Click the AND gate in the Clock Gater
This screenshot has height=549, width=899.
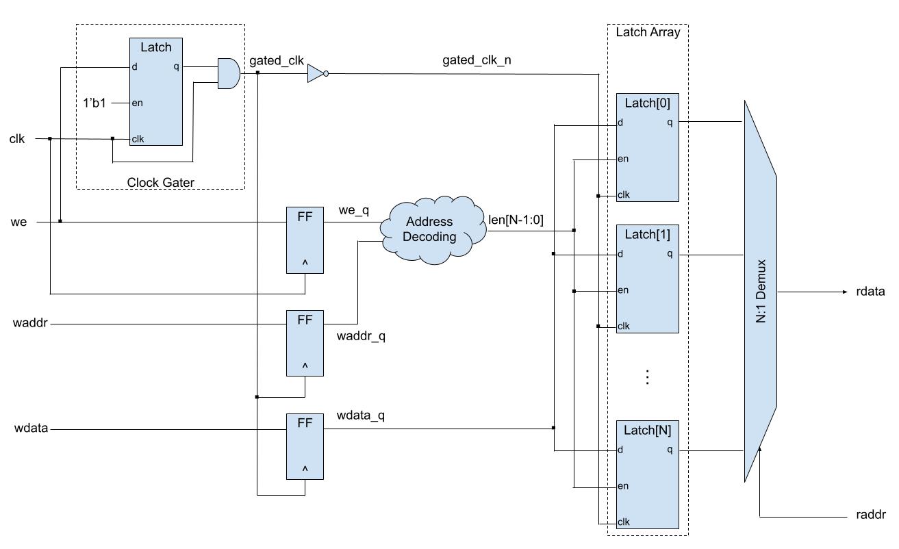228,73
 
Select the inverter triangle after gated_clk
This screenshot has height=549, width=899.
316,74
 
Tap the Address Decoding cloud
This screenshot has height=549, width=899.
429,229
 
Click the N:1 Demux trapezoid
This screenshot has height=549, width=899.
760,291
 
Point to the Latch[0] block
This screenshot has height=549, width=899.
647,147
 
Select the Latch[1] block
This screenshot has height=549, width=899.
647,279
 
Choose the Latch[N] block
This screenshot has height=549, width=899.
647,474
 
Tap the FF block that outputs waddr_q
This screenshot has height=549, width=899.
305,343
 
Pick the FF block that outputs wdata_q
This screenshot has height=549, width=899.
305,446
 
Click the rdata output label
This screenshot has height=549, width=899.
870,292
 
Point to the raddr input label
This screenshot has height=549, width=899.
871,515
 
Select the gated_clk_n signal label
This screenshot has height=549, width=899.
477,60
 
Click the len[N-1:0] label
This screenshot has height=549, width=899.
516,220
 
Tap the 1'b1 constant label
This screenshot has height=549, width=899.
94,103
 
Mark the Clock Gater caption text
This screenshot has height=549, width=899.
160,182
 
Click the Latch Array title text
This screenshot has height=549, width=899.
647,32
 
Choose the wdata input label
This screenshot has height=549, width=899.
31,429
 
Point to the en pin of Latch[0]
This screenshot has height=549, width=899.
623,159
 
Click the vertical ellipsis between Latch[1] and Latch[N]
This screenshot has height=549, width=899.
647,377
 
